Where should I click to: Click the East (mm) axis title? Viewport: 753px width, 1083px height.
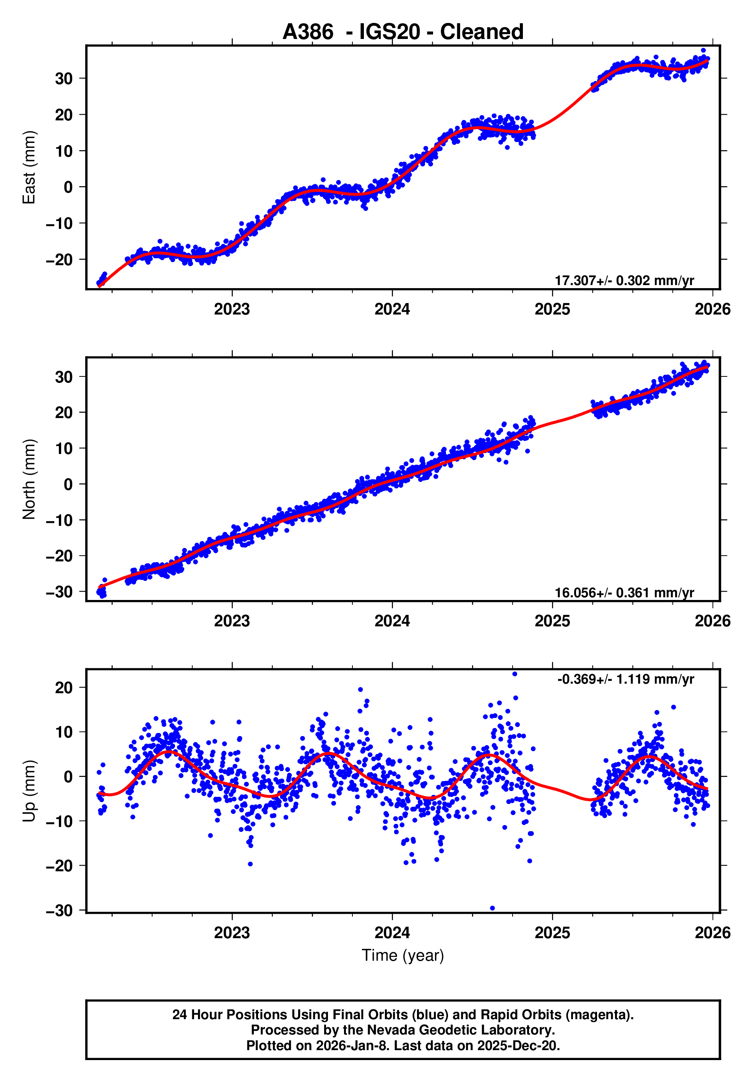[29, 167]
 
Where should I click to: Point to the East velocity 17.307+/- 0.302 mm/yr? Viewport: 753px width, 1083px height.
[624, 280]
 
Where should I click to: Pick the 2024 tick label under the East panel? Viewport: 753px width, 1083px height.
[392, 310]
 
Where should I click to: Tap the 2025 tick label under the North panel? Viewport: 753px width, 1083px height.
[552, 621]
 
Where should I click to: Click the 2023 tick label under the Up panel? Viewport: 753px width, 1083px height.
[232, 933]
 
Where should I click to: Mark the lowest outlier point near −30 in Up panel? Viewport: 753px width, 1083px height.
[493, 908]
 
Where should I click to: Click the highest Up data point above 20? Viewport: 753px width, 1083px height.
[515, 674]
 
